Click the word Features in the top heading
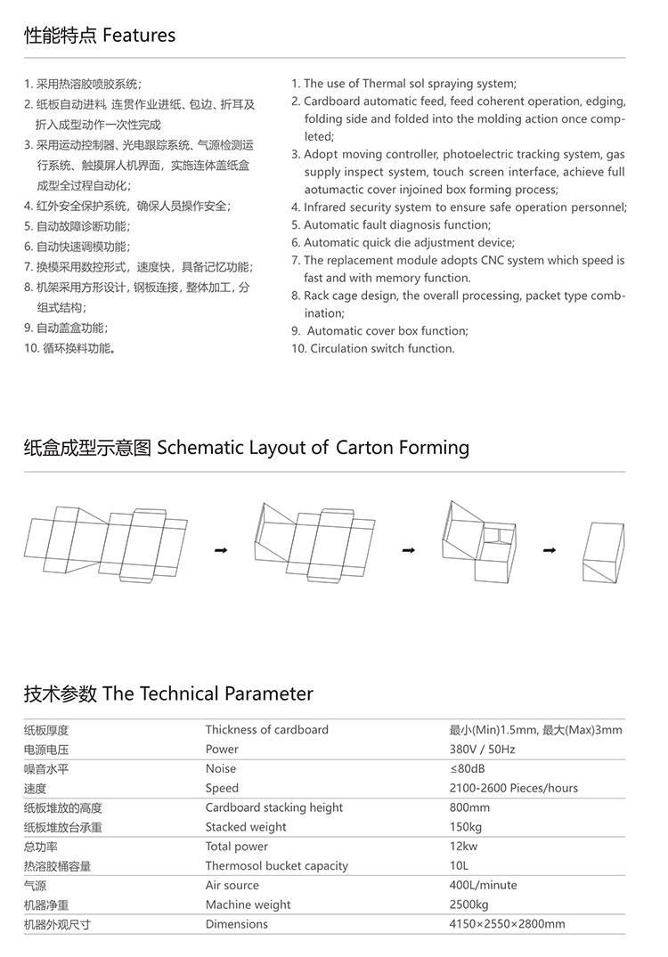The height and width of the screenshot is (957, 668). [x=139, y=36]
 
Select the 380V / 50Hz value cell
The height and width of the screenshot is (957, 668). [x=482, y=750]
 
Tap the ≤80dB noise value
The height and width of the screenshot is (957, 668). [x=467, y=768]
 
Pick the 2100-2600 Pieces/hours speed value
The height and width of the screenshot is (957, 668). [x=513, y=788]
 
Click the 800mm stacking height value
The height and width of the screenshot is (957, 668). [x=469, y=807]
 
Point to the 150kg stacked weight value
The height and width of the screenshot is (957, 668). [x=466, y=827]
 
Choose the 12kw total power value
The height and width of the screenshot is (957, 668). [x=463, y=847]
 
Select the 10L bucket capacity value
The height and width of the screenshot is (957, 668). [x=459, y=866]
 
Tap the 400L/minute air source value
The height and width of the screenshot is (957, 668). [x=483, y=886]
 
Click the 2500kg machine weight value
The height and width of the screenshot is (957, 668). [x=468, y=904]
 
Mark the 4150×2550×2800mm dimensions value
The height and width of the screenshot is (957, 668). [x=507, y=924]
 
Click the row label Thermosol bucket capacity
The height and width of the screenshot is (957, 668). [x=276, y=866]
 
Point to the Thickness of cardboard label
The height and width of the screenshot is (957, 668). [x=266, y=730]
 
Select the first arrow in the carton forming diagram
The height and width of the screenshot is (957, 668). [x=221, y=551]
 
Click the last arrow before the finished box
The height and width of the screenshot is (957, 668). [x=550, y=551]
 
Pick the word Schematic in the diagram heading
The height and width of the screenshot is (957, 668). [x=200, y=447]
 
